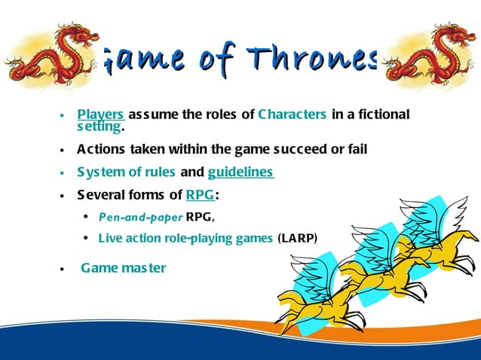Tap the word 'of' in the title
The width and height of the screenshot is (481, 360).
pos(224,56)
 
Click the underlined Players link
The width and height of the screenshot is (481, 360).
pos(100,114)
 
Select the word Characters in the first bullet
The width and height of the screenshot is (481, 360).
pos(292,114)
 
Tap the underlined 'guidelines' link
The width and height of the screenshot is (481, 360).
pos(240,172)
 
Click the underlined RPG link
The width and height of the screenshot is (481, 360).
pos(200,195)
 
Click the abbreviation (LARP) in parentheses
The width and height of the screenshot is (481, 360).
pos(298,238)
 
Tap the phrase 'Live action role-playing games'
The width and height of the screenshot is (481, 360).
pos(185,238)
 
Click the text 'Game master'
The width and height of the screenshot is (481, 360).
pos(123,267)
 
